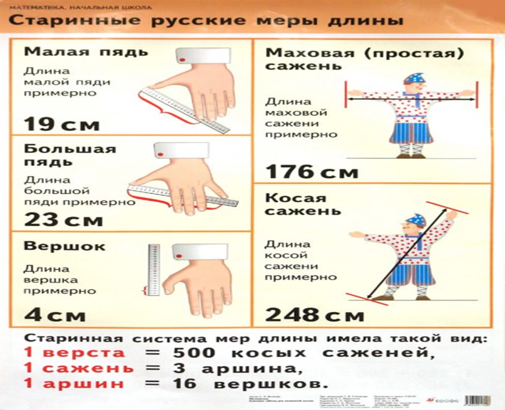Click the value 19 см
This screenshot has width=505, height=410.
tap(62, 124)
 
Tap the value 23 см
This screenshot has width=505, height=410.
tap(63, 220)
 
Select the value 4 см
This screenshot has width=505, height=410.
tap(55, 315)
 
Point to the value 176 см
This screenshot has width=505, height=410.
tap(312, 172)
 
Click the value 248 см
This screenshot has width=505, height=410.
tap(315, 314)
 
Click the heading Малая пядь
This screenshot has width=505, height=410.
tap(86, 52)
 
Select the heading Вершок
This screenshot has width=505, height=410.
tap(64, 246)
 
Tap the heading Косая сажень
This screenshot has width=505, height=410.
tap(303, 204)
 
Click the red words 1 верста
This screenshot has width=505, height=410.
tap(74, 352)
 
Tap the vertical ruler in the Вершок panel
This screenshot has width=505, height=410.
tap(154, 269)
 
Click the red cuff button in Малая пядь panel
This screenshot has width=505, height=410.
tap(182, 60)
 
